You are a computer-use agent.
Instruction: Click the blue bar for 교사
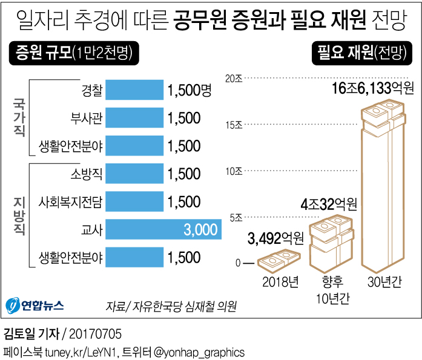click(x=163, y=229)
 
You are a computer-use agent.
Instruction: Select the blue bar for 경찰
click(x=134, y=90)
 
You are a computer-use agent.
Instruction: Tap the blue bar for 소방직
click(x=134, y=174)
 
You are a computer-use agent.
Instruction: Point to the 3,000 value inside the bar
click(x=200, y=229)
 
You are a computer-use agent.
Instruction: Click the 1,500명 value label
click(x=190, y=90)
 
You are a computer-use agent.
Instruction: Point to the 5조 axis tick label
click(x=236, y=217)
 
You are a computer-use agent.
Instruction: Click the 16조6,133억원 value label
click(x=372, y=90)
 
